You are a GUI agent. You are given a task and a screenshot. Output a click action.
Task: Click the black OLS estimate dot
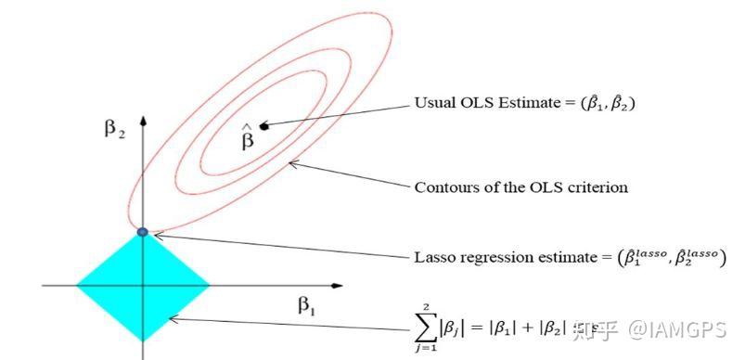[x=263, y=125]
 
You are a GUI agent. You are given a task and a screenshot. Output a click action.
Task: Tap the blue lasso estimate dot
[x=143, y=231]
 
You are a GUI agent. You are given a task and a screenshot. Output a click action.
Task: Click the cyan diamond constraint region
[x=143, y=284]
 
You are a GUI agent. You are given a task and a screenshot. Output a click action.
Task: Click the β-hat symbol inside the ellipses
[x=247, y=138]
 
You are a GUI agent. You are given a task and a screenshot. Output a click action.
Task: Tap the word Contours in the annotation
[x=443, y=187]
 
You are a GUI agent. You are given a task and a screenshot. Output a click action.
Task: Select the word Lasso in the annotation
[x=433, y=255]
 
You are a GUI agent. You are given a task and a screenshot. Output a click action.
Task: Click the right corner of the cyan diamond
[x=210, y=284]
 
